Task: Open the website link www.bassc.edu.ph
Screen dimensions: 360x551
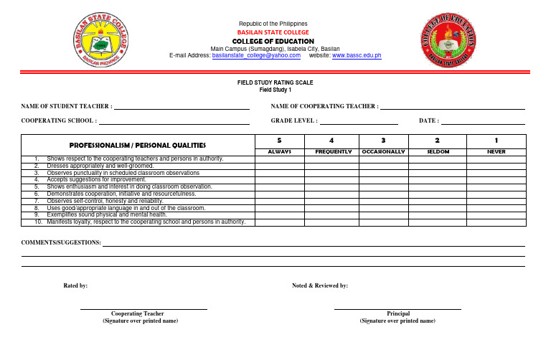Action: (x=357, y=55)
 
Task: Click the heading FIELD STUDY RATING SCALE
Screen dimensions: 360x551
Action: (x=275, y=83)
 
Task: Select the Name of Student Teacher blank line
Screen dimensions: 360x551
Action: (x=182, y=108)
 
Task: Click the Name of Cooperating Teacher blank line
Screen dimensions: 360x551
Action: (x=453, y=108)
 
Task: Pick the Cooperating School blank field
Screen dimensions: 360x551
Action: (x=182, y=123)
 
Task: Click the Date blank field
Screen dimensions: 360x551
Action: (x=484, y=123)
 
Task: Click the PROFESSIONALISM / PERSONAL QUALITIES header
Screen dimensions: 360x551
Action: (x=137, y=144)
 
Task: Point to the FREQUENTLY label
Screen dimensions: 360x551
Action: (x=333, y=151)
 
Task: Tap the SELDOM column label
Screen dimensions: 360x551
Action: (x=438, y=151)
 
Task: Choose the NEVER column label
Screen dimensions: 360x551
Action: (x=496, y=151)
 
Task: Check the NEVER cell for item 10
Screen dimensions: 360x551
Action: (x=496, y=222)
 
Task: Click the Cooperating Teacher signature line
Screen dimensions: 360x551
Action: (x=143, y=308)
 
